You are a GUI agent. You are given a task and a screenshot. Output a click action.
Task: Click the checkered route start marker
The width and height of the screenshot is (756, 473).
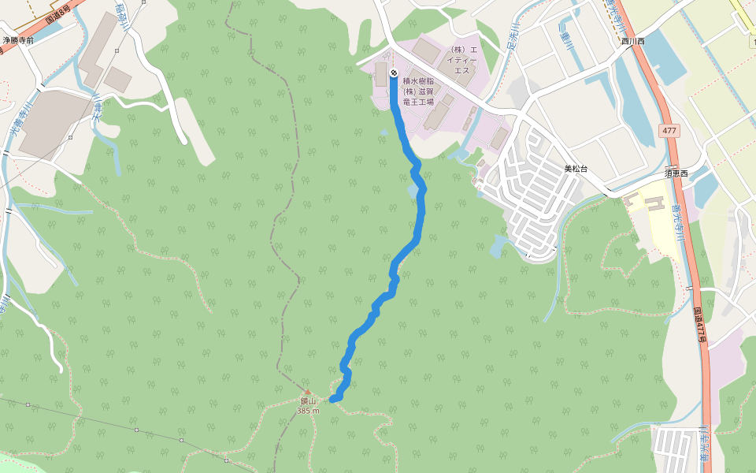tap(394, 74)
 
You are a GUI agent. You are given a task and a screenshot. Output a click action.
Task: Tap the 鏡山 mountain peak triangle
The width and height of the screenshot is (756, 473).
tap(308, 392)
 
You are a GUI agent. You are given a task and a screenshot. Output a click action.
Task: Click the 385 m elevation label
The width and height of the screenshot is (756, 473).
tap(308, 411)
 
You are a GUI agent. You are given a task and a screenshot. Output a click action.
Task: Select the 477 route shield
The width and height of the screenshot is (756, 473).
tap(669, 130)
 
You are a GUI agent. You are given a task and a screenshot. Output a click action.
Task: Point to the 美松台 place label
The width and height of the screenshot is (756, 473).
tap(576, 169)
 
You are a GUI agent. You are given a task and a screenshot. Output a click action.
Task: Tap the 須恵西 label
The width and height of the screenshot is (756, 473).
tap(676, 173)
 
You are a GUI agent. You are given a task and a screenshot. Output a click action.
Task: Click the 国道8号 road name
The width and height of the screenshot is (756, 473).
tap(59, 11)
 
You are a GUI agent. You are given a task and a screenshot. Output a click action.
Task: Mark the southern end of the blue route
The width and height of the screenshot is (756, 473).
tap(332, 400)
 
